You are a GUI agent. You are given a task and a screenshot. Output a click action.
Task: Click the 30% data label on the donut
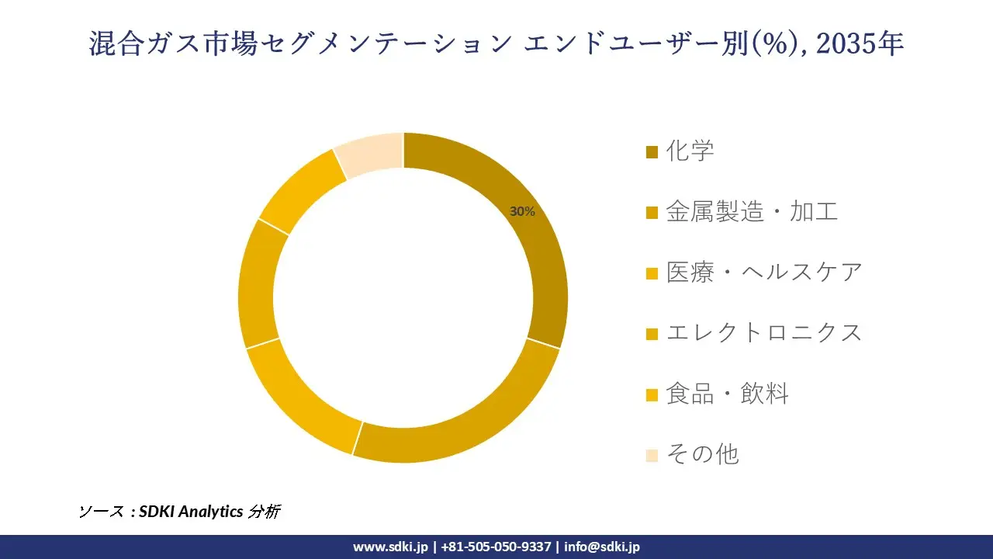[x=522, y=211]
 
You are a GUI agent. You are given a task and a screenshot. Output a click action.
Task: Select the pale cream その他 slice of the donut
[x=371, y=154]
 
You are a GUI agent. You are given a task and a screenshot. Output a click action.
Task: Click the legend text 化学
[x=690, y=150]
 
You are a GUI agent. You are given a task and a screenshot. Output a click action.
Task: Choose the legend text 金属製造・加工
[x=752, y=211]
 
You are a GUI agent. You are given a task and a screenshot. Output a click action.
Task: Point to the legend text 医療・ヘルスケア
[x=764, y=272]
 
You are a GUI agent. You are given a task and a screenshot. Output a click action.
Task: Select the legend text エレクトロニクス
[x=764, y=332]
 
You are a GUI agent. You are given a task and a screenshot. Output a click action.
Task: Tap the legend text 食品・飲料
[x=727, y=394]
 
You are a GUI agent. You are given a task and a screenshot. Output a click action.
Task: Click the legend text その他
[x=702, y=454]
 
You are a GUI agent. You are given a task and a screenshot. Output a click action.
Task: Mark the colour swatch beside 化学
[x=652, y=151]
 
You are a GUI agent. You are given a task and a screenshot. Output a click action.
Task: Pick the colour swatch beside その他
[x=652, y=455]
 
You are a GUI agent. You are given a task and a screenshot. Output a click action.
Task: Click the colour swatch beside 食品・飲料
[x=652, y=394]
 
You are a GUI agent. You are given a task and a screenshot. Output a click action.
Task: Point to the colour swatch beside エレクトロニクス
[x=652, y=334]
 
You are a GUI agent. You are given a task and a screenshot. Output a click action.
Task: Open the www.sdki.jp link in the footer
[x=390, y=547]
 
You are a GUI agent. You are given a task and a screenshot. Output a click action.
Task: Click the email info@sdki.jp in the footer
[x=602, y=547]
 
